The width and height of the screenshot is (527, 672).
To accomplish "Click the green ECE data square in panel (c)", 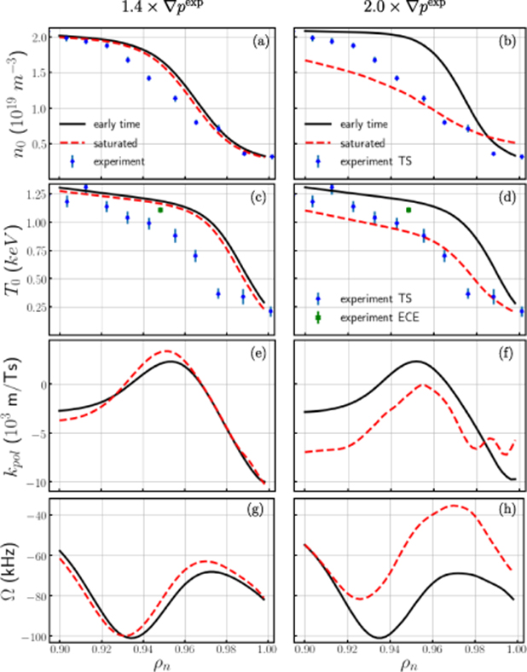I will click(x=160, y=210).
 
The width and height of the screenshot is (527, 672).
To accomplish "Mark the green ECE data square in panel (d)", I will click(x=409, y=210).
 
